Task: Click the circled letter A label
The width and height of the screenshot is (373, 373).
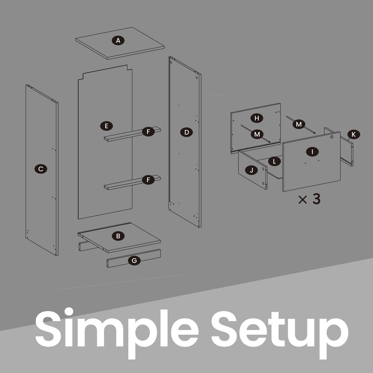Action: click(118, 41)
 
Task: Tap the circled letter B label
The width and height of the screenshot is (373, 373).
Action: click(118, 236)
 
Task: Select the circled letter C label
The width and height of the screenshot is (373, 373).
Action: click(41, 169)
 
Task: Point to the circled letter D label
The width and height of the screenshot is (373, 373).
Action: click(186, 132)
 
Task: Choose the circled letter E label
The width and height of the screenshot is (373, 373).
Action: click(106, 126)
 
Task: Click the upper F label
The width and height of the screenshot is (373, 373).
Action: click(148, 132)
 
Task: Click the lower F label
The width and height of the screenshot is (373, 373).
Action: click(148, 180)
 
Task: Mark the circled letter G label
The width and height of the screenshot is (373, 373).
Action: click(134, 260)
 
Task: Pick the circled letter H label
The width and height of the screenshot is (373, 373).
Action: click(257, 118)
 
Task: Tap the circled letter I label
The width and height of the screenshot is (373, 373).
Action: click(312, 152)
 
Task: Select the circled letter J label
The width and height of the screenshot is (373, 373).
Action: click(251, 170)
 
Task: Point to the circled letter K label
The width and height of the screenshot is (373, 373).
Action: click(354, 134)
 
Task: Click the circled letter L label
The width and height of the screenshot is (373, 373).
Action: click(274, 161)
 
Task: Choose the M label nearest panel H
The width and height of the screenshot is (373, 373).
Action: click(257, 134)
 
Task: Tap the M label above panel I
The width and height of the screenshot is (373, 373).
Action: click(299, 124)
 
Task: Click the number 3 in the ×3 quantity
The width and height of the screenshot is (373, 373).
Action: click(316, 199)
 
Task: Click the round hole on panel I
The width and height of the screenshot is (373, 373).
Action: click(332, 137)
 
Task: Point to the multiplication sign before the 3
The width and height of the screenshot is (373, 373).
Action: click(303, 200)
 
